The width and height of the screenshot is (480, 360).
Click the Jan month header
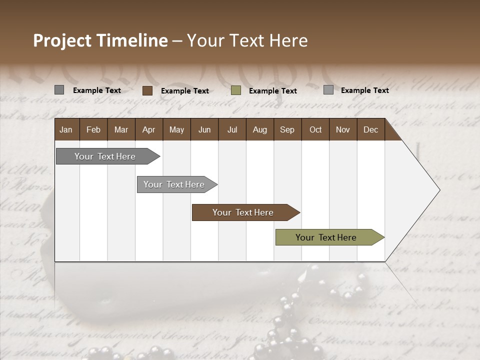(x=66, y=129)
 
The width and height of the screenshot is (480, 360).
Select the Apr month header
(x=148, y=129)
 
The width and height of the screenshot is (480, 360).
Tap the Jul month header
(x=232, y=129)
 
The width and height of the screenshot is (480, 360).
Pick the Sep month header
(x=287, y=129)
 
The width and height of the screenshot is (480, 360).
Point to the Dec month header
(x=370, y=129)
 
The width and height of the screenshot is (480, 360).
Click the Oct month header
(x=315, y=129)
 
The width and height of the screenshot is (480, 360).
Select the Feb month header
(x=93, y=129)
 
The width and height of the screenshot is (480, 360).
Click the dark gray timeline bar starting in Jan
(x=105, y=156)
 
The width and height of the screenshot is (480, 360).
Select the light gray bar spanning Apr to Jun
(x=174, y=184)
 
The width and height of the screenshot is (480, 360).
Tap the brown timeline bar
(x=243, y=212)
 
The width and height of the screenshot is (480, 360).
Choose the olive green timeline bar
(x=326, y=237)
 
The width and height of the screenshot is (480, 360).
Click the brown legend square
(x=147, y=90)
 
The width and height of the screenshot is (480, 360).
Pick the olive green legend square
(x=236, y=90)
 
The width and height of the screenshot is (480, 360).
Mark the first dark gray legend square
(x=59, y=90)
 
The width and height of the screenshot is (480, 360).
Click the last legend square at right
(x=328, y=90)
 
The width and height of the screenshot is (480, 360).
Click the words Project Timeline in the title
(x=100, y=40)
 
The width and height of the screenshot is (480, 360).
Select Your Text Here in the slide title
(x=247, y=40)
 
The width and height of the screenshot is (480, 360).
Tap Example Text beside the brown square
(x=185, y=91)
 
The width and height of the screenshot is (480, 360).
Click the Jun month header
(x=204, y=129)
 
